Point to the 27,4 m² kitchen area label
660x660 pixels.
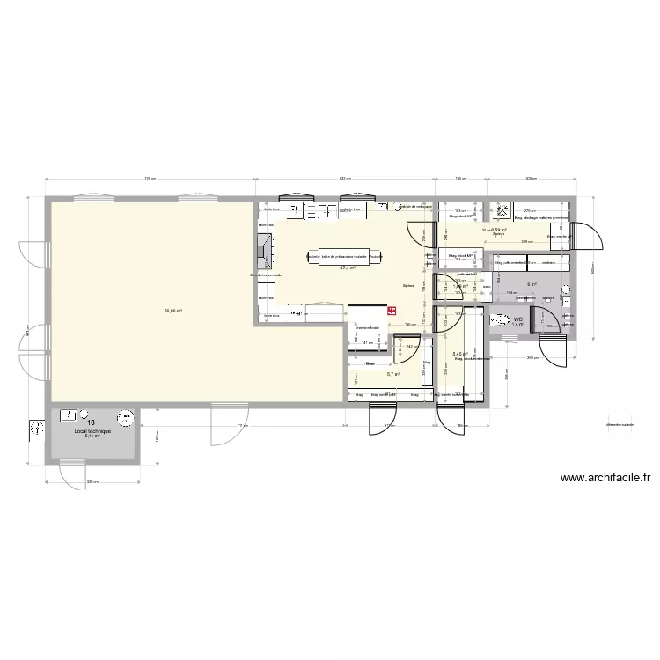coord(347,268)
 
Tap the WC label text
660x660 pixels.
coord(518,319)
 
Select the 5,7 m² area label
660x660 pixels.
coord(393,374)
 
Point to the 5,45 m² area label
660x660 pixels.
coord(459,355)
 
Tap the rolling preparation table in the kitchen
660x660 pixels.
coord(347,257)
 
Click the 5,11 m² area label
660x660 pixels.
coord(92,440)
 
